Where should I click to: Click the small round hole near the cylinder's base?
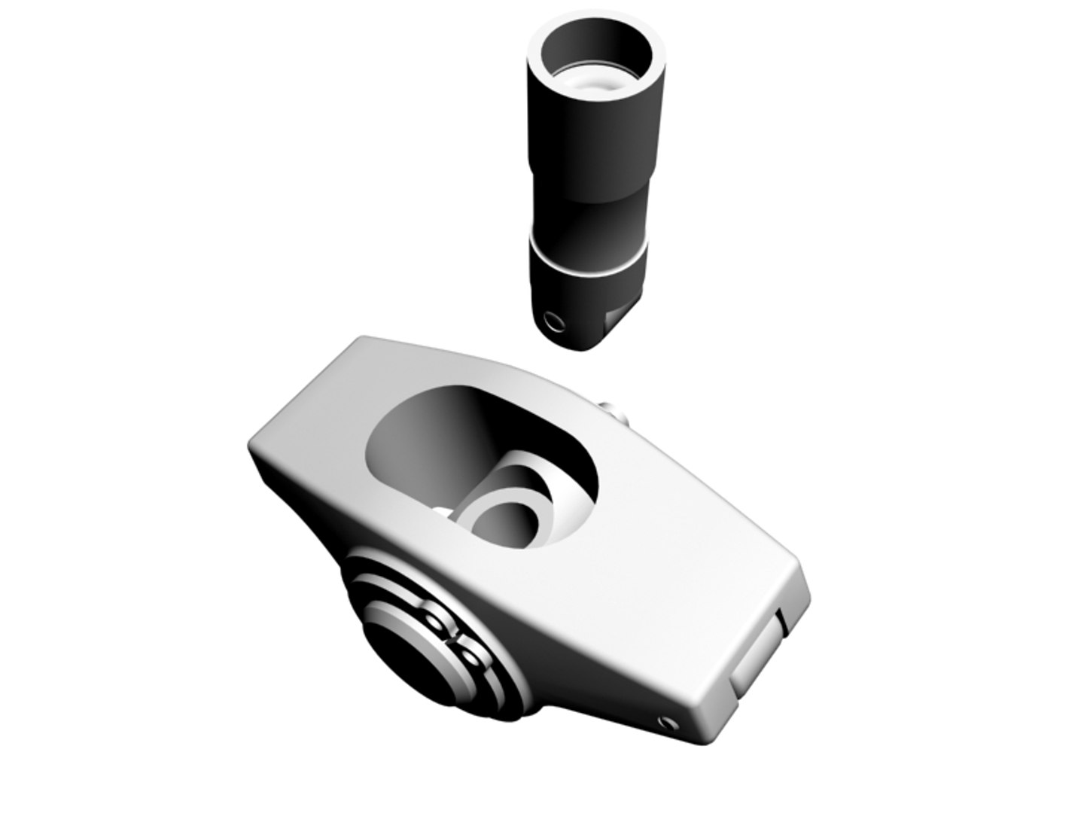click(x=556, y=323)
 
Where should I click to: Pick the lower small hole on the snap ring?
click(x=470, y=656)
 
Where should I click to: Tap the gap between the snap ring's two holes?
click(x=454, y=638)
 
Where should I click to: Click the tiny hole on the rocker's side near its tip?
click(x=665, y=723)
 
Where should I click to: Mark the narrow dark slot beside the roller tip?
click(x=781, y=620)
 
